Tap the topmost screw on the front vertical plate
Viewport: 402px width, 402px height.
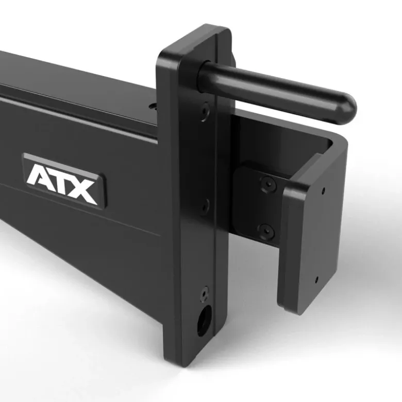point(205,112)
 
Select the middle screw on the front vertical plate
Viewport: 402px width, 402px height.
point(205,206)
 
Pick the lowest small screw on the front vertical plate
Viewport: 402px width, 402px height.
point(205,293)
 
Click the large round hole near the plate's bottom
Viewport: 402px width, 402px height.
point(204,321)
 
